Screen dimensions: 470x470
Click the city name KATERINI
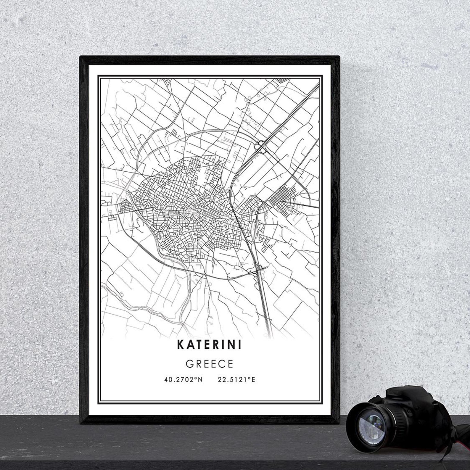click(x=209, y=345)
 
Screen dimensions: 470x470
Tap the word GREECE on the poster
click(x=210, y=364)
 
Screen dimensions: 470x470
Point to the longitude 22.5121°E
click(x=236, y=379)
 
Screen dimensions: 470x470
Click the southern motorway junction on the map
click(x=259, y=269)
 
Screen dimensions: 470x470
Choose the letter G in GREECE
click(x=189, y=364)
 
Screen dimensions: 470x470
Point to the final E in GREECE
click(x=230, y=364)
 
